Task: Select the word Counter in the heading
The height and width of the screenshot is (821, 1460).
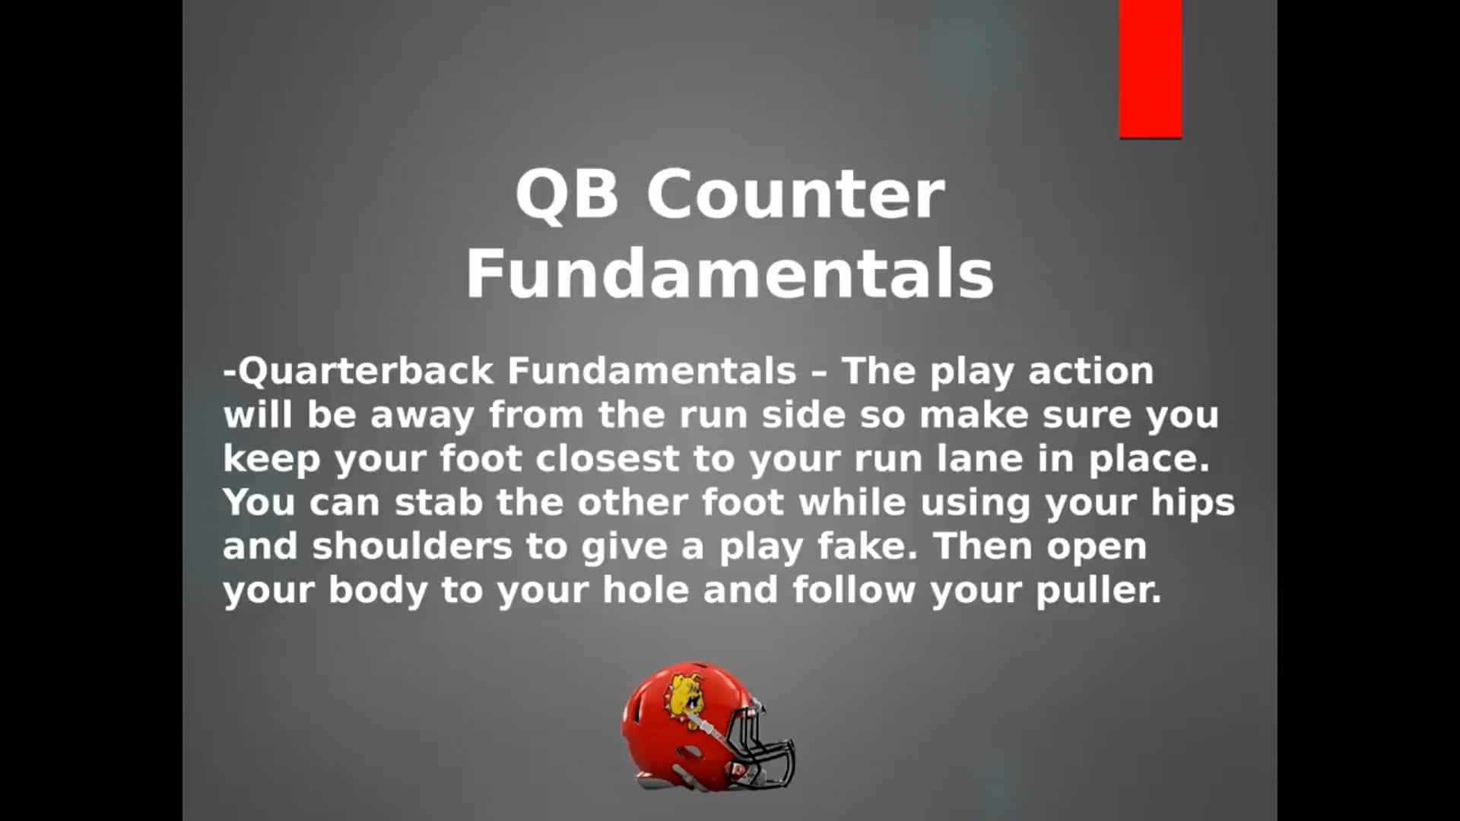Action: click(795, 195)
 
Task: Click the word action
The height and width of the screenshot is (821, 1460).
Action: click(1091, 371)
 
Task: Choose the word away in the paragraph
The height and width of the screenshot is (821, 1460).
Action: click(422, 415)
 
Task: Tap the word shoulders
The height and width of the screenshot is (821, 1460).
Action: click(412, 547)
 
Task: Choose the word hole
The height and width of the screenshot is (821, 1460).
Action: click(646, 591)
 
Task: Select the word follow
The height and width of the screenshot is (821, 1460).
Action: click(854, 591)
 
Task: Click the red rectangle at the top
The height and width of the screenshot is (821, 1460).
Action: click(1151, 68)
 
